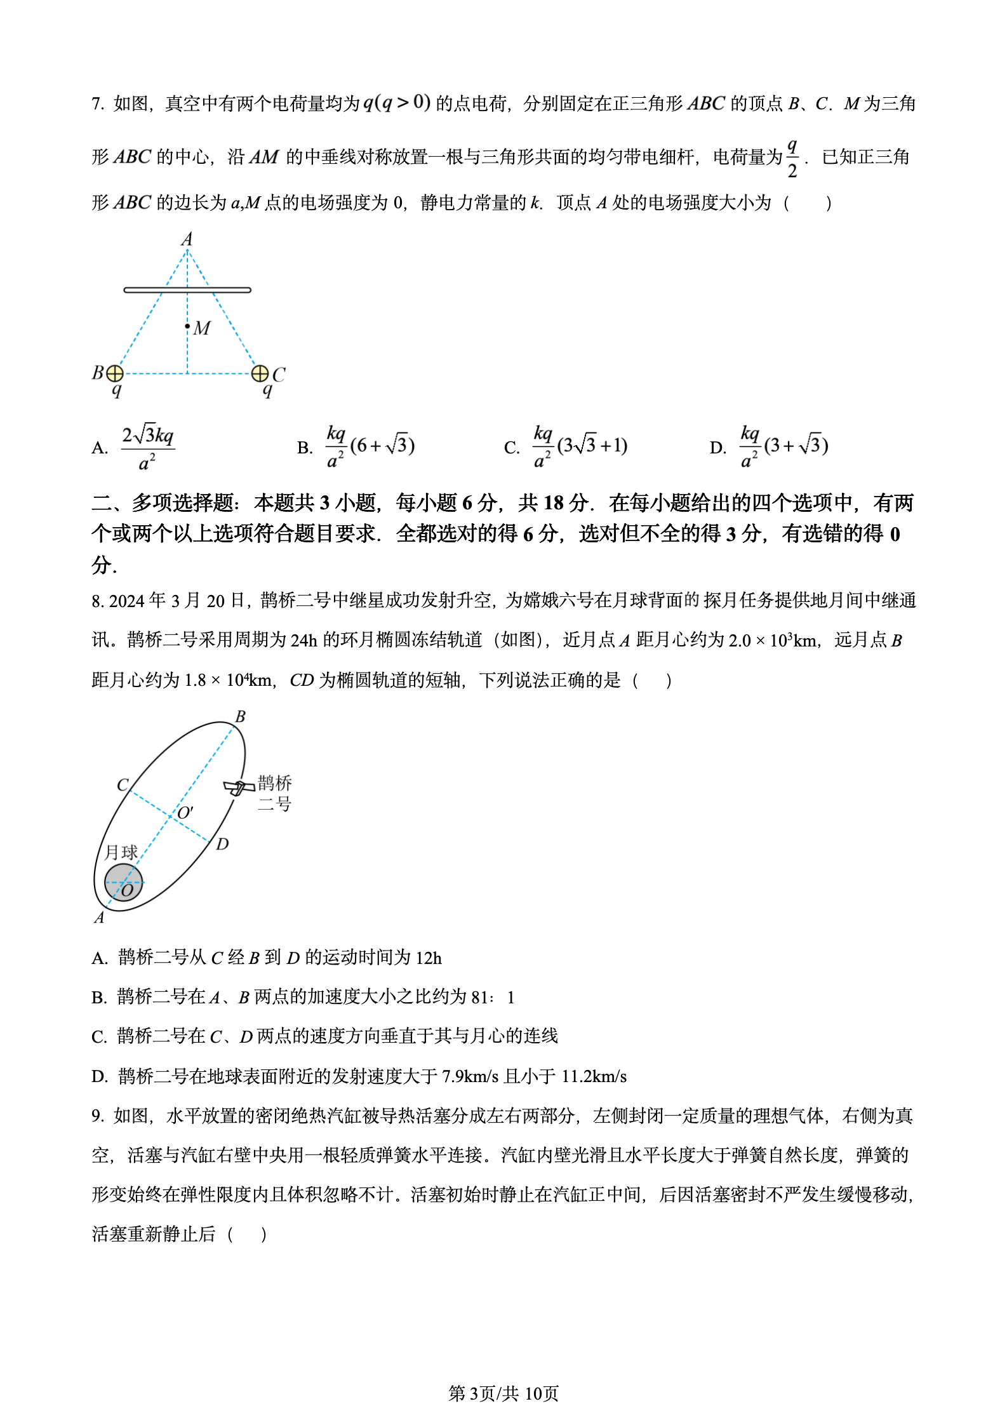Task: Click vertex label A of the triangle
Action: click(x=187, y=239)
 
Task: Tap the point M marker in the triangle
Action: click(x=188, y=326)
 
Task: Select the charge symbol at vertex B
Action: click(x=115, y=373)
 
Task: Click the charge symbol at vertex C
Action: click(x=260, y=373)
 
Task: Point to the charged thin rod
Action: click(x=187, y=290)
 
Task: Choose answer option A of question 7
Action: click(x=147, y=447)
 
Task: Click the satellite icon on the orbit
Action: click(x=239, y=787)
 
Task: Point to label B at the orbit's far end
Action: click(x=240, y=716)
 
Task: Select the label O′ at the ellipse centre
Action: click(x=185, y=813)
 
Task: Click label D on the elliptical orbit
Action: click(x=222, y=844)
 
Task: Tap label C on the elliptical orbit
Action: click(x=123, y=785)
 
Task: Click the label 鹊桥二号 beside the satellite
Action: click(x=274, y=793)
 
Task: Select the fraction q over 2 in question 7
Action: click(x=792, y=159)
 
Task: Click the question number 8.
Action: click(x=97, y=601)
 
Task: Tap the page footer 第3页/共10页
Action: click(x=503, y=1393)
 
